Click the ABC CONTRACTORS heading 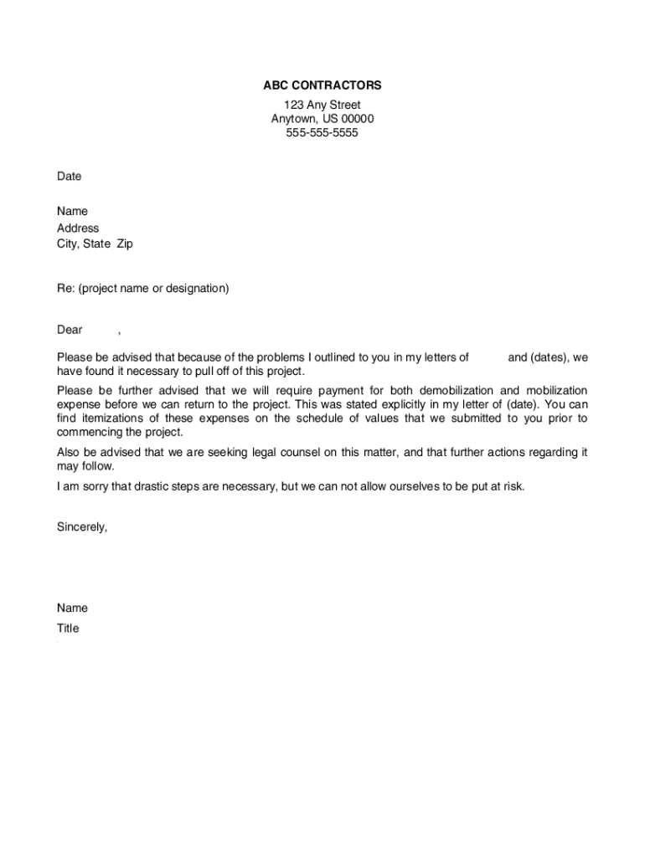pyautogui.click(x=322, y=85)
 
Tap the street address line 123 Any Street pyautogui.click(x=322, y=105)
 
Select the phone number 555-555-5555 pyautogui.click(x=322, y=132)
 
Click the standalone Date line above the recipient pyautogui.click(x=69, y=177)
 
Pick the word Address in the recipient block pyautogui.click(x=78, y=228)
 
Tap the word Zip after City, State pyautogui.click(x=124, y=244)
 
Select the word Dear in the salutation pyautogui.click(x=70, y=330)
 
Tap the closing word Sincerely pyautogui.click(x=82, y=527)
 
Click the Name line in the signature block pyautogui.click(x=72, y=608)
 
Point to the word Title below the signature pyautogui.click(x=68, y=629)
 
